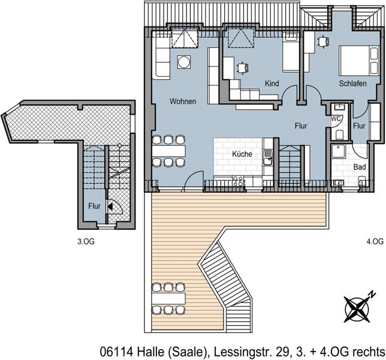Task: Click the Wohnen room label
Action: click(x=182, y=101)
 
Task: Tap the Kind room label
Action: click(x=272, y=84)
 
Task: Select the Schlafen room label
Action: click(x=352, y=84)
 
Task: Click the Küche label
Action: click(x=242, y=154)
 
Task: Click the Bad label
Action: click(x=360, y=166)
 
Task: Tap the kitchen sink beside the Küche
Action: click(x=269, y=158)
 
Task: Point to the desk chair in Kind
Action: click(x=242, y=68)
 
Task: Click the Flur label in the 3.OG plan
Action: click(x=95, y=206)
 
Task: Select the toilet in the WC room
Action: click(x=338, y=133)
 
